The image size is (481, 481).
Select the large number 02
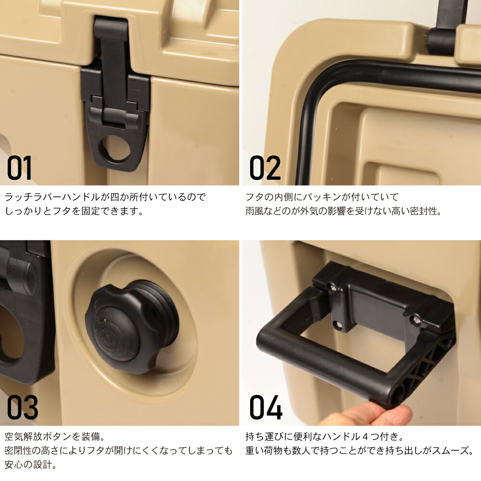click(265, 168)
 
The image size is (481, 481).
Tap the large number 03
click(22, 407)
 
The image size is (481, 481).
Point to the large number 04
click(266, 407)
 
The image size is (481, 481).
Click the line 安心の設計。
click(31, 465)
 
